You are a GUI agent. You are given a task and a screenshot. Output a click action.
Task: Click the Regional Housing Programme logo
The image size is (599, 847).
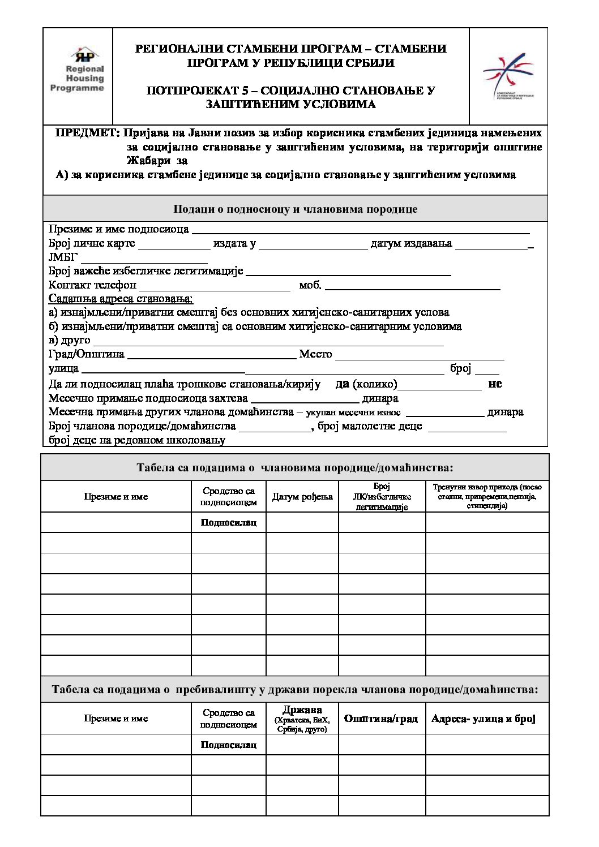(x=78, y=71)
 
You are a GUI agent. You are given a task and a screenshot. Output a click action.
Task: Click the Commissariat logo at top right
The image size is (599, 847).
(x=507, y=76)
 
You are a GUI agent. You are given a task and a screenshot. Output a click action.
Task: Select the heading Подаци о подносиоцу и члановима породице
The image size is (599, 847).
(x=295, y=209)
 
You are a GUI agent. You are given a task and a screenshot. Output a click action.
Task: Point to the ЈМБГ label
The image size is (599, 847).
(x=63, y=257)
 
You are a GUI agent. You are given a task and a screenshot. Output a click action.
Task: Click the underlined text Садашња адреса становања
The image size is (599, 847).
(x=121, y=299)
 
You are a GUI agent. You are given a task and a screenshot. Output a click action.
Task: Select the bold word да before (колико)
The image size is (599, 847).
(x=342, y=384)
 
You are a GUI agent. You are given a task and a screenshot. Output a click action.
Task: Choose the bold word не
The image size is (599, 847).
(x=495, y=384)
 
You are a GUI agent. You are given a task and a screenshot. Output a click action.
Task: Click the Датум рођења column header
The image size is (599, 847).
(x=302, y=497)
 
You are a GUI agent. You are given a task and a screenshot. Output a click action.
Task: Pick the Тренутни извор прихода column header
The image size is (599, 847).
(x=487, y=496)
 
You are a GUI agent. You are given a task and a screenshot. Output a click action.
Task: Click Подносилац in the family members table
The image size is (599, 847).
(x=229, y=522)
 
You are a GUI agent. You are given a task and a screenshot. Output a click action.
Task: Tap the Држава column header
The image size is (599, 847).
(x=302, y=718)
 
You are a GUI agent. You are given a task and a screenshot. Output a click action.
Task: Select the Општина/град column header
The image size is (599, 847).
(x=381, y=719)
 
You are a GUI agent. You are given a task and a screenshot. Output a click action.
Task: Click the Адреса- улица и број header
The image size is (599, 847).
(x=483, y=719)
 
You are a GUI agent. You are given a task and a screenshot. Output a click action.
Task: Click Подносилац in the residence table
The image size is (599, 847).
(x=229, y=745)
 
